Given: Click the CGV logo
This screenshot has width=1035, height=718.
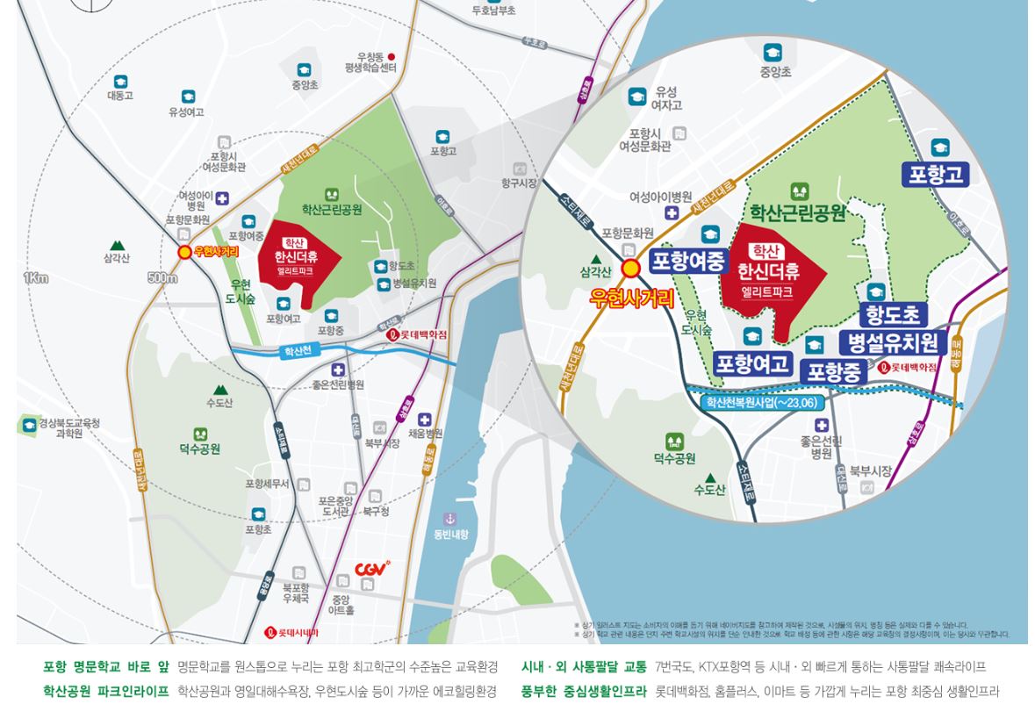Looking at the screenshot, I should pos(372,570).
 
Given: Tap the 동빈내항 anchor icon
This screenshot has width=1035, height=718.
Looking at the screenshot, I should pos(450,519).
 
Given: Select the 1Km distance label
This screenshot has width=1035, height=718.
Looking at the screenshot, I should pos(36,278).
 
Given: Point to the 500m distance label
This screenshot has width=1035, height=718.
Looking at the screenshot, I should pos(162,278).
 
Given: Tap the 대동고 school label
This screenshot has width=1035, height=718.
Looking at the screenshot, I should pos(120,95).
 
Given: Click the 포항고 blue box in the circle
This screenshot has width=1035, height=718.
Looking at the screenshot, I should pos(936,174).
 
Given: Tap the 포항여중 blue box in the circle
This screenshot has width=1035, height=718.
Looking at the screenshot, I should pos(689,261).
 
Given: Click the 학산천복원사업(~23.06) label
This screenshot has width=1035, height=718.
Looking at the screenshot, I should pos(761,402).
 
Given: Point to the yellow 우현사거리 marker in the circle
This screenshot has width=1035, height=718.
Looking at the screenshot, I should pos(630,269).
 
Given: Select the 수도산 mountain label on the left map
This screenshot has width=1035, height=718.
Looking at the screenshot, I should pos(219,402).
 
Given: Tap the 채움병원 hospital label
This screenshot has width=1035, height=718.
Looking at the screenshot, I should pos(426,433).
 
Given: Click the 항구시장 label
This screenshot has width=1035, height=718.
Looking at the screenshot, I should pos(519,183).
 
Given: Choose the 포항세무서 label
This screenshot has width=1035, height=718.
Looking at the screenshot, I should pos(267,484).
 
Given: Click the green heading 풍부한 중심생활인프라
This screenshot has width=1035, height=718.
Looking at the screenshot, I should pos(584,692).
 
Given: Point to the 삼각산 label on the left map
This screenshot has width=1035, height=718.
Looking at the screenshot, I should pos(117,257).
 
